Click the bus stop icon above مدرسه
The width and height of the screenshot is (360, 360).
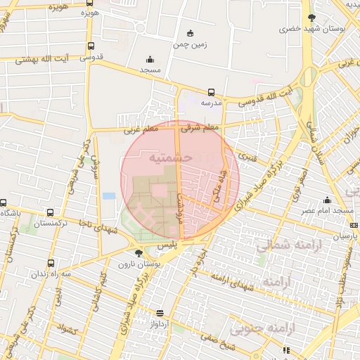click(212, 92)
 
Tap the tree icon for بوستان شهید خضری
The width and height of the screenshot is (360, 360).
click(311, 18)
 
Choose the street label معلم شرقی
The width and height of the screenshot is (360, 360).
click(200, 128)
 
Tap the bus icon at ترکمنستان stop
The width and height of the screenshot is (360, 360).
click(49, 212)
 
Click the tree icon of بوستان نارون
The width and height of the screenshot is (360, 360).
click(138, 252)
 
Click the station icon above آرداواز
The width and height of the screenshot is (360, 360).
click(160, 314)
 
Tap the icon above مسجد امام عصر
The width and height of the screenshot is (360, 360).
click(327, 200)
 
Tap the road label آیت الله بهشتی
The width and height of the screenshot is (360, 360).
click(49, 62)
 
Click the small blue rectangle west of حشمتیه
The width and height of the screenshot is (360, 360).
click(109, 195)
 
